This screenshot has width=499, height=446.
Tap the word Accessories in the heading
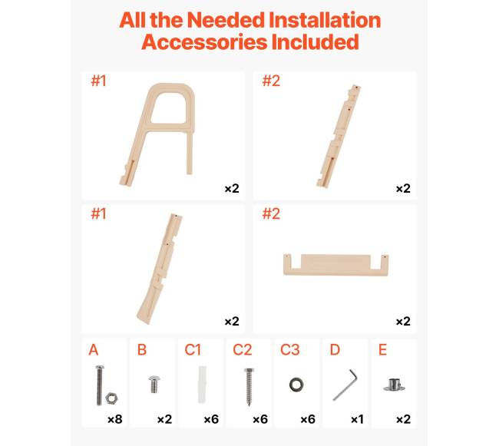coord(204,42)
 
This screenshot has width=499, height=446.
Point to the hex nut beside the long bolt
coord(111,398)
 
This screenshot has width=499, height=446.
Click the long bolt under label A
coord(100,385)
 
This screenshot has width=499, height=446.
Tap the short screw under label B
coord(154,385)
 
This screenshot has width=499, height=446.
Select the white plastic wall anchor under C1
coord(203,385)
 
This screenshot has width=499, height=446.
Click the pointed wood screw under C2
coord(249,387)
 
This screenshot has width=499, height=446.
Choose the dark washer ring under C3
coord(296,385)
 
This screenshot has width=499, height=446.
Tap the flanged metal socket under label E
coord(394,385)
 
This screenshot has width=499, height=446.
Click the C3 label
coord(290,350)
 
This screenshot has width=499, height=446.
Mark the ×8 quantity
coord(115,419)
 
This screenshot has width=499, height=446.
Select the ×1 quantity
coord(357,419)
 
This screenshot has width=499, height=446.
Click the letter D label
coord(335,350)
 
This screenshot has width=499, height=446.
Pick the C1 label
coord(193,350)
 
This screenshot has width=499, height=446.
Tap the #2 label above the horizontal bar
coord(271,213)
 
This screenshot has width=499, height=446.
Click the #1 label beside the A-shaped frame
coord(98,81)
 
